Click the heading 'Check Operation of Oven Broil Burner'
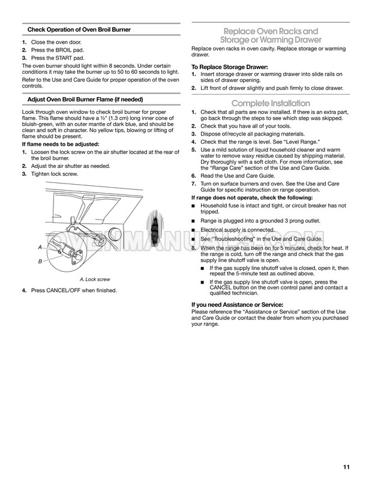pos(83,30)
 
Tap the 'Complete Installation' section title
pos(271,103)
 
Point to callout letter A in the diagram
pos(40,247)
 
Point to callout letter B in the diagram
pos(40,261)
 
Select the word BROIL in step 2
pos(63,52)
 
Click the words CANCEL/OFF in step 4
pos(68,291)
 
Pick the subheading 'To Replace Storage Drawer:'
pos(229,67)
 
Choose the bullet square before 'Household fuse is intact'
pos(193,206)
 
